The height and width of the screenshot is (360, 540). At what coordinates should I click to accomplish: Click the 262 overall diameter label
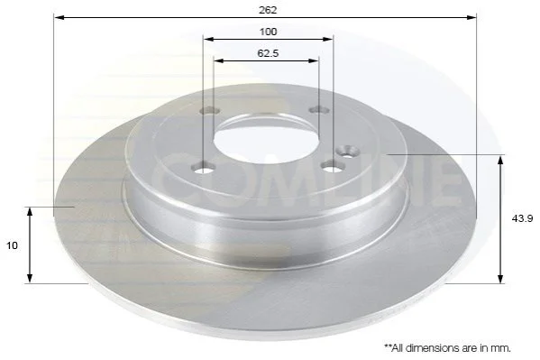(x=268, y=10)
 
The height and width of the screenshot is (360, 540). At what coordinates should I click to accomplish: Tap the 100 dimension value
(x=268, y=32)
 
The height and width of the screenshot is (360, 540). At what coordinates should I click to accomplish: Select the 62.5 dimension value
(x=268, y=53)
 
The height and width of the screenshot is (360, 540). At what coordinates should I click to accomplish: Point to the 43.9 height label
(x=522, y=218)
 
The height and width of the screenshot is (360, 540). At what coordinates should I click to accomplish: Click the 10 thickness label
(x=12, y=245)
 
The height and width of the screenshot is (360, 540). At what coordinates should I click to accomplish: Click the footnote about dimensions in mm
(x=447, y=348)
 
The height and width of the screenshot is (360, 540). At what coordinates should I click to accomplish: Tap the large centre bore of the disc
(x=266, y=140)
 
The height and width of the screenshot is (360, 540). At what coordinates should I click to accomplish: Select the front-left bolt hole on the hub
(x=206, y=169)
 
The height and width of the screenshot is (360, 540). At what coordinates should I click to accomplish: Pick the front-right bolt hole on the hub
(x=333, y=167)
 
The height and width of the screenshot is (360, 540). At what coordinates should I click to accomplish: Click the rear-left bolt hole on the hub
(x=210, y=111)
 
